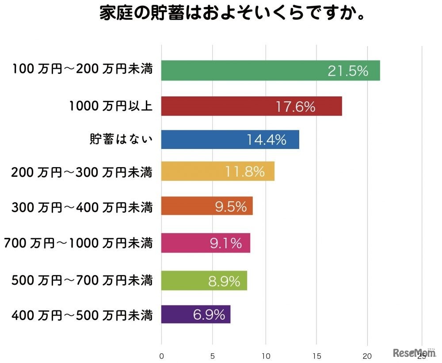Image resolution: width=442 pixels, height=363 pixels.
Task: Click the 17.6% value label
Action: click(x=296, y=107)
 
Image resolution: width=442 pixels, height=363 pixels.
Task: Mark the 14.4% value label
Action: click(x=267, y=140)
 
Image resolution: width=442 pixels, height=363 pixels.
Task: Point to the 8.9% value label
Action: click(x=224, y=281)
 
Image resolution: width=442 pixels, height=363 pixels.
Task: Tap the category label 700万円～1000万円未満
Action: click(x=78, y=243)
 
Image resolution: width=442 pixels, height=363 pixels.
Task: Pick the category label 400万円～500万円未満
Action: click(x=82, y=315)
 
